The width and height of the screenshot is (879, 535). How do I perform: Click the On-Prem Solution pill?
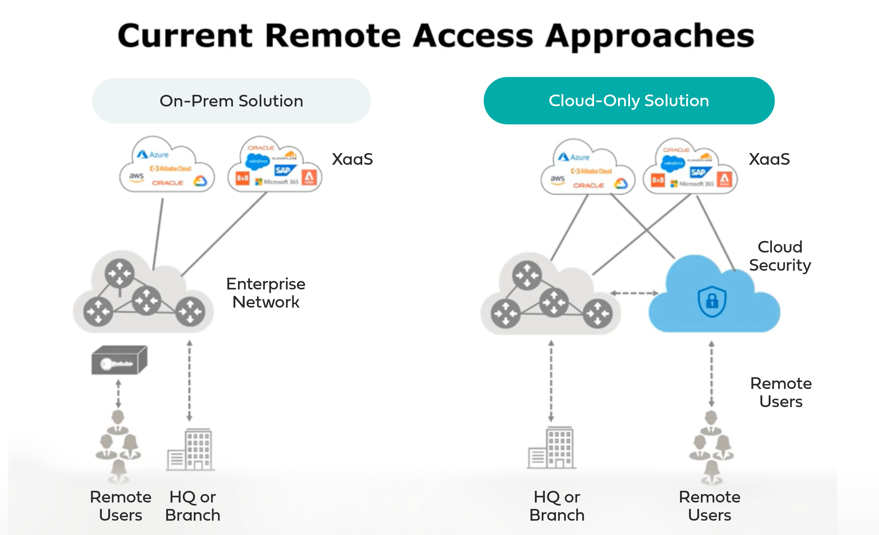click(x=231, y=101)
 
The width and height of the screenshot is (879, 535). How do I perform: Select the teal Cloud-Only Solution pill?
click(x=629, y=101)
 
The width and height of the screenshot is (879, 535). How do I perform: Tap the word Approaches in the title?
click(x=649, y=36)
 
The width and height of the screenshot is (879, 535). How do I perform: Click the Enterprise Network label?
click(x=266, y=293)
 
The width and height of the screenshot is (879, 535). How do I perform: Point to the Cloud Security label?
click(x=780, y=256)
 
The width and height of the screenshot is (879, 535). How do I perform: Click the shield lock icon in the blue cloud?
click(x=712, y=301)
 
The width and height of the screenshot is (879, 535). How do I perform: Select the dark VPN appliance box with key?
click(x=119, y=361)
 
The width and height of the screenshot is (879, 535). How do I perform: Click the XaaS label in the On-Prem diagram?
click(x=352, y=159)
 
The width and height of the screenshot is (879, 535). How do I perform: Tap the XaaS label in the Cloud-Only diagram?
click(x=769, y=159)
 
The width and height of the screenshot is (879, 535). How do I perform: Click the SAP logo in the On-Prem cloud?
click(x=284, y=170)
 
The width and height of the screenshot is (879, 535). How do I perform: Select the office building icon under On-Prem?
click(x=191, y=450)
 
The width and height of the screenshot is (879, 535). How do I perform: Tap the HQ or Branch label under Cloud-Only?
click(x=557, y=506)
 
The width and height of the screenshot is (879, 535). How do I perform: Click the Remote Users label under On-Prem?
click(x=121, y=506)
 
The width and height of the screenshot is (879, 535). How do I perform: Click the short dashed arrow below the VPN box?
click(x=119, y=394)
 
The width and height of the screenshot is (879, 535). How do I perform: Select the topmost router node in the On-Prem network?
click(x=119, y=273)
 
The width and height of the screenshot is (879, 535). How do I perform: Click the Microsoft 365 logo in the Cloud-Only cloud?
click(x=692, y=184)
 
